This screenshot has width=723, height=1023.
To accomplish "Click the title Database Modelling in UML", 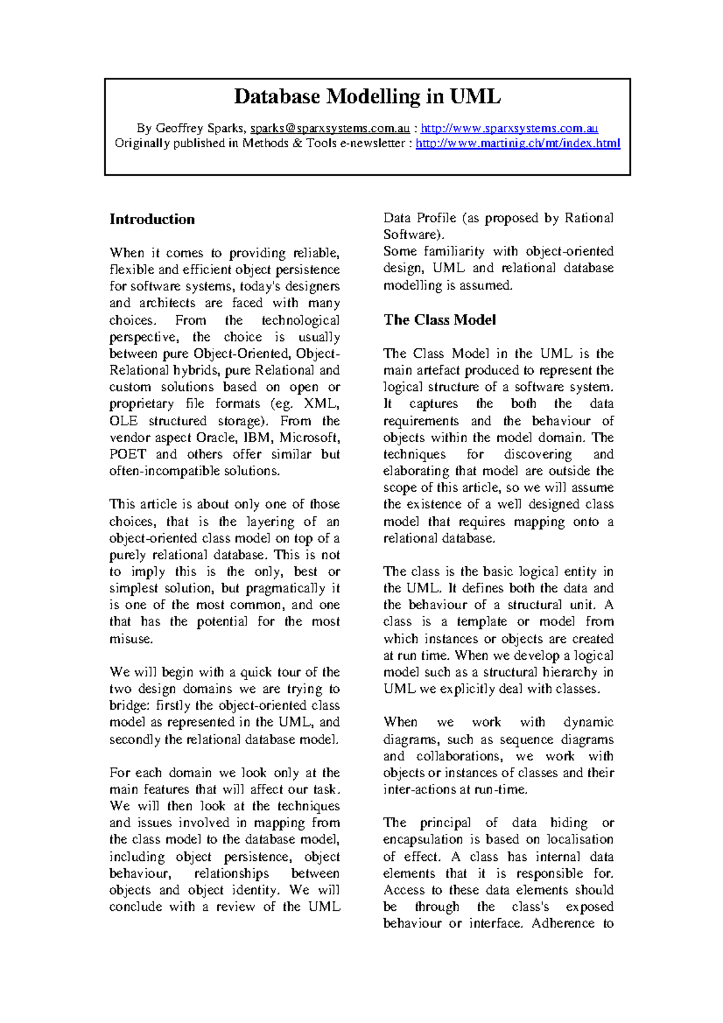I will click(x=367, y=96).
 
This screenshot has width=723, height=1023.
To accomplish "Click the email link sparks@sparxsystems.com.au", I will click(x=330, y=128).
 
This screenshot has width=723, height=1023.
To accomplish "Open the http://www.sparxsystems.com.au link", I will click(x=509, y=128).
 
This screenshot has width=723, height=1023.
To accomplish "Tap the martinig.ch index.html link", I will click(x=518, y=143).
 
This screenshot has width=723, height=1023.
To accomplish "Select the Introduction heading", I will click(x=152, y=219).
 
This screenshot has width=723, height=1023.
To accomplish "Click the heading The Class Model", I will click(x=440, y=320).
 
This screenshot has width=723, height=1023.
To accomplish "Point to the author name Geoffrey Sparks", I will click(x=199, y=128).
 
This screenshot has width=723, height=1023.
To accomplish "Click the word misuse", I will click(x=130, y=639).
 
